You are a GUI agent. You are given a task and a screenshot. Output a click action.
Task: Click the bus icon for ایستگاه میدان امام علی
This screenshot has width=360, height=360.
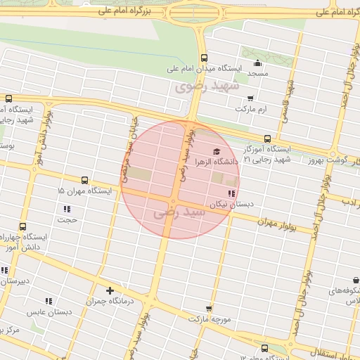coord(204,58)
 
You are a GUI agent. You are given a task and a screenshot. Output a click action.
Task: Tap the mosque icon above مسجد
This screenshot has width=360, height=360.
coord(258,62)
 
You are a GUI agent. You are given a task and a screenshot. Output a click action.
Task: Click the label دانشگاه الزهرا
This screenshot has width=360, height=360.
coord(215,162)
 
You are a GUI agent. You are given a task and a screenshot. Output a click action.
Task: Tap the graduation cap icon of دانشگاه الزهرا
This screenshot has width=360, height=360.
coord(216,151)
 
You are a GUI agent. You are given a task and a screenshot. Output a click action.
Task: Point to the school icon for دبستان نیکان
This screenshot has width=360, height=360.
coord(231,193)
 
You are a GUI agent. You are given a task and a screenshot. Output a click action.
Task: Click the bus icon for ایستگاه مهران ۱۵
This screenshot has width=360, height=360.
coord(85,180)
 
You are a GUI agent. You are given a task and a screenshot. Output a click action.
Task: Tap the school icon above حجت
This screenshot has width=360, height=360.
coord(67,209)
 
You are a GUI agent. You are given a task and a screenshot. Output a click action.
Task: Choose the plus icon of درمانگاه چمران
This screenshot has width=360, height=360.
coord(110,290)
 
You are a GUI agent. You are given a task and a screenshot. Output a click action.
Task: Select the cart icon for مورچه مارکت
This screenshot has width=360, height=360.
coord(208,308)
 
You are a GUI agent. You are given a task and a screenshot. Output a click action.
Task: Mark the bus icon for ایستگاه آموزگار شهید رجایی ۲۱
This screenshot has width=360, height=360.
coord(266,139)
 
